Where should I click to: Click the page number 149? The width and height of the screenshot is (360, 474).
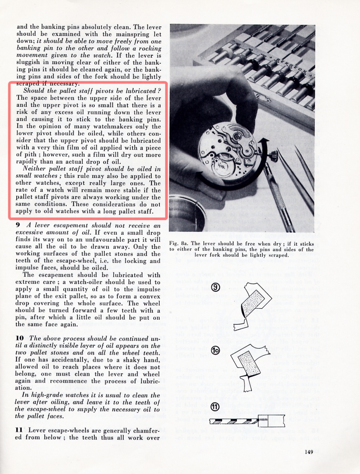[x=309, y=451]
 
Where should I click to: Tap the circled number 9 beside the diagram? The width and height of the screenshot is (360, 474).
[x=215, y=287]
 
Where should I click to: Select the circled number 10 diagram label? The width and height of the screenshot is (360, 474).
[x=216, y=351]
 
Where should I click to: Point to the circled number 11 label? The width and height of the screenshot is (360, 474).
[x=215, y=407]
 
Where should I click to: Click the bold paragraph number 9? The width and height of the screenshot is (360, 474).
[x=17, y=225]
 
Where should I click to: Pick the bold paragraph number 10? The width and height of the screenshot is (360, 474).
[x=20, y=338]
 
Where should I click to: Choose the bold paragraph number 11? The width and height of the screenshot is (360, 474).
[x=19, y=430]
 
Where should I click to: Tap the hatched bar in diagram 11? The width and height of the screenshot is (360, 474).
[x=233, y=421]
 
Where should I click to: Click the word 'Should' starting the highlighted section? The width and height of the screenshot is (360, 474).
[x=34, y=91]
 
